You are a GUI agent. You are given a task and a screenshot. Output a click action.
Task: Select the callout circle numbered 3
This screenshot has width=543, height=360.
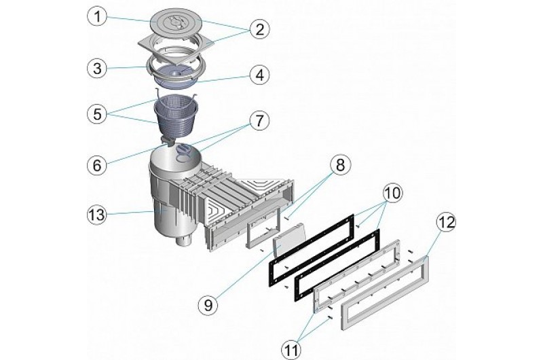100,68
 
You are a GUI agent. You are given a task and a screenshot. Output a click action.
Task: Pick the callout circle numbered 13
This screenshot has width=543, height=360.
100,216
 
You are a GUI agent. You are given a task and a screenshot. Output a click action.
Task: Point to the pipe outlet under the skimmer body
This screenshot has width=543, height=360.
183,242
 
